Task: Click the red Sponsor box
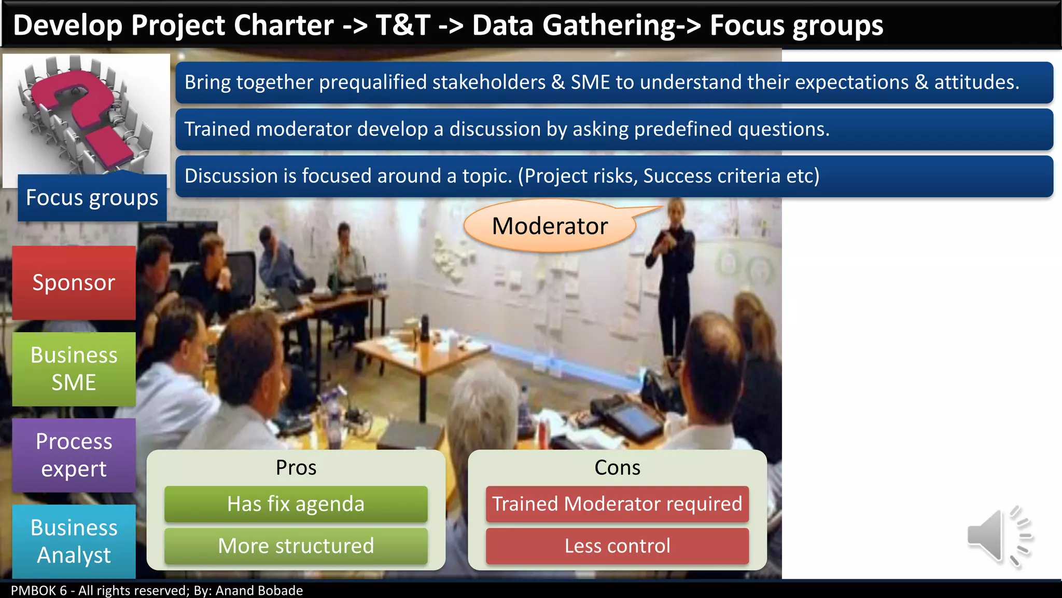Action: click(74, 282)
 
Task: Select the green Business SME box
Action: click(74, 369)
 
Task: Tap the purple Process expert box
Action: click(74, 455)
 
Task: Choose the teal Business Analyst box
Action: click(74, 541)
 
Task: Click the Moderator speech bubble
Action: click(550, 226)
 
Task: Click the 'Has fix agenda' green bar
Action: click(296, 504)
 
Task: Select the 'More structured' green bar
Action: click(296, 546)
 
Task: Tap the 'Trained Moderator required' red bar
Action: click(617, 504)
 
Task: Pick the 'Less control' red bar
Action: click(617, 546)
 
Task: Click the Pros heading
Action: click(296, 468)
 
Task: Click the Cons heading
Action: click(617, 468)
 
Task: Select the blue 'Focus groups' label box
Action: click(92, 198)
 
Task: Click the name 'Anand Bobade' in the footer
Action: click(259, 591)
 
